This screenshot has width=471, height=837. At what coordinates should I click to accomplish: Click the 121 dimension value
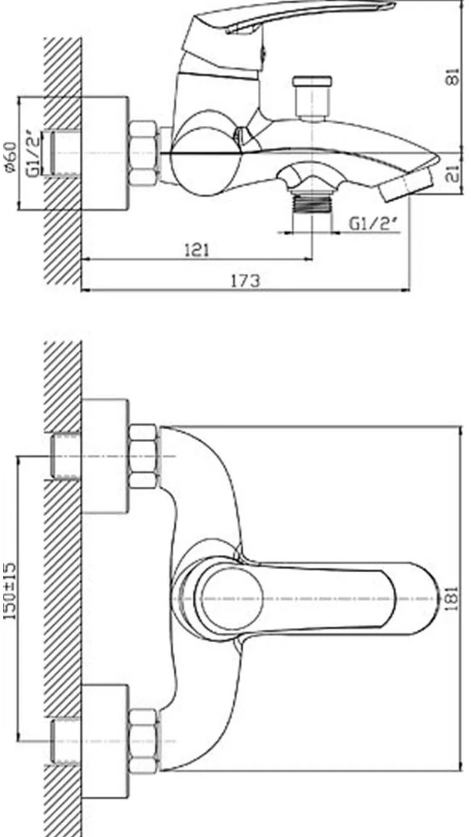197,250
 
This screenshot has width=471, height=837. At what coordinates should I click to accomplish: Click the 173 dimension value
245,280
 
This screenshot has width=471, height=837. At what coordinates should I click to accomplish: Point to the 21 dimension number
453,174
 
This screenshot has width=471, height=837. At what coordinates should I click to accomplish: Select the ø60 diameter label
11,157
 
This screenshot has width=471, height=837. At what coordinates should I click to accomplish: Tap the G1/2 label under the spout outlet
373,224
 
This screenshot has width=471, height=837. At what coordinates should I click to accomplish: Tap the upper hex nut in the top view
143,456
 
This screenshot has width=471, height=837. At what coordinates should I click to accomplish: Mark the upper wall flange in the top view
105,456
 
